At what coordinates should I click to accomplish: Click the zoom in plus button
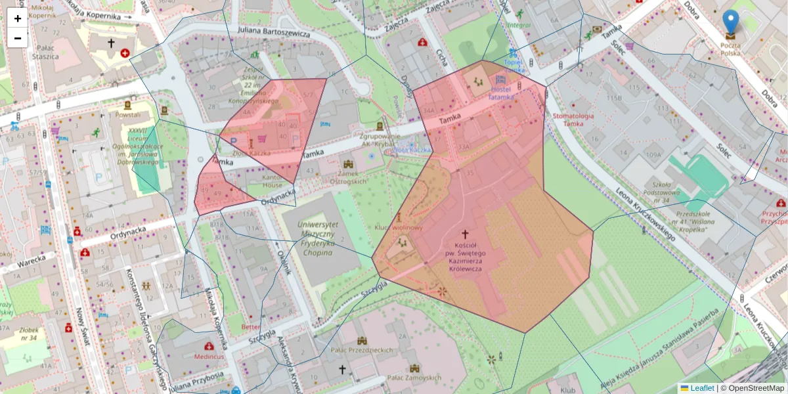18,18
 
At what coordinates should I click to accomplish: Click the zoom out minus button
18,38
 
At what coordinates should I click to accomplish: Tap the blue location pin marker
730,22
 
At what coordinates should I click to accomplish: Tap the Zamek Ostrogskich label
347,177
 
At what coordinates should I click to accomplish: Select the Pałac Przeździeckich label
362,351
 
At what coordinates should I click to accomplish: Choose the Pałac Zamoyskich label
413,378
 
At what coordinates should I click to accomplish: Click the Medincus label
209,356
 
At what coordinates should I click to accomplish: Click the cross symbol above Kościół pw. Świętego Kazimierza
466,233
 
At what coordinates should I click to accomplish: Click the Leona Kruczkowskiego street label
646,214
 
